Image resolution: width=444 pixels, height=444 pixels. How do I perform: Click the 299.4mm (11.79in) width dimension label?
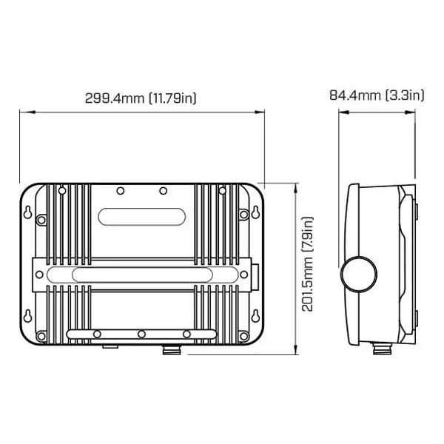141,98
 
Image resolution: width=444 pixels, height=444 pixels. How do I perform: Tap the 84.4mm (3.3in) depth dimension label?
377,95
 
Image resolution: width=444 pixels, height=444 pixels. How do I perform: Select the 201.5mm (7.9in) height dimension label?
307,264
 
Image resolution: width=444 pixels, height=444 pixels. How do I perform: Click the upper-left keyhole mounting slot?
28,212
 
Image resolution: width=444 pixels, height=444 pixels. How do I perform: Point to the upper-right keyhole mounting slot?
256,212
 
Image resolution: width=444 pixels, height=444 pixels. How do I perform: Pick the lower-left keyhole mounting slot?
28,316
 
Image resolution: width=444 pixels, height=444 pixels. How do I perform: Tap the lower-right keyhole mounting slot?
256,316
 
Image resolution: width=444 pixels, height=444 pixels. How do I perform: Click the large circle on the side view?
359,274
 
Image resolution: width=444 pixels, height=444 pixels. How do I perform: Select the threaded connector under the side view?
383,349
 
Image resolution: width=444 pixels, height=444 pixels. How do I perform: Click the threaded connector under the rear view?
172,350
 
